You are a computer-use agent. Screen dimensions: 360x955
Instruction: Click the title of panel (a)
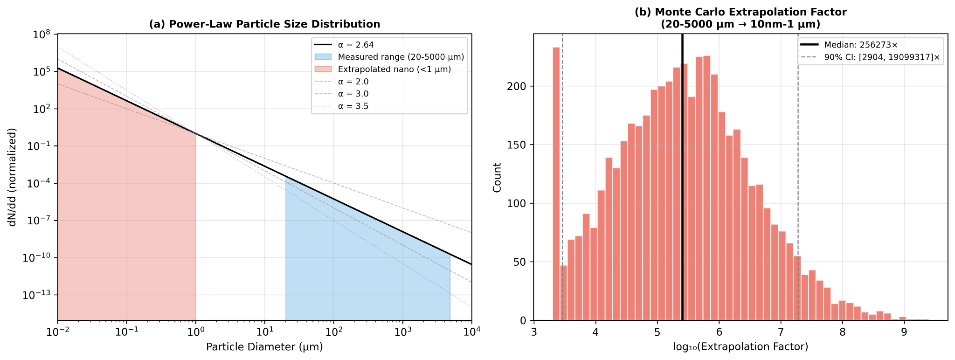(x=264, y=24)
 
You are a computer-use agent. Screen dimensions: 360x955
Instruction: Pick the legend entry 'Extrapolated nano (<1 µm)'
(x=394, y=69)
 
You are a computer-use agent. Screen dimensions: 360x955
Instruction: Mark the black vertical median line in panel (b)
(x=682, y=187)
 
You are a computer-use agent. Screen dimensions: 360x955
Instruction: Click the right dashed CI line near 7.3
(x=798, y=187)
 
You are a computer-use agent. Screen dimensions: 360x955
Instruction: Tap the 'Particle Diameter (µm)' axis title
(x=264, y=347)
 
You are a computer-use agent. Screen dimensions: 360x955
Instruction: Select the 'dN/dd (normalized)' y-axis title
(x=13, y=177)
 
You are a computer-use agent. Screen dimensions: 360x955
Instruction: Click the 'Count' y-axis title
(x=498, y=177)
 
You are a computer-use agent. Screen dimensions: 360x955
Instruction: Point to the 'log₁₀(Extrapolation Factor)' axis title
(x=740, y=347)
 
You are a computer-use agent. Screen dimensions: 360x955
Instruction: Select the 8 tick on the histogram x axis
(x=842, y=332)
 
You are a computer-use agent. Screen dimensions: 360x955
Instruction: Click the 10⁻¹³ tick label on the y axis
(x=41, y=295)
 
